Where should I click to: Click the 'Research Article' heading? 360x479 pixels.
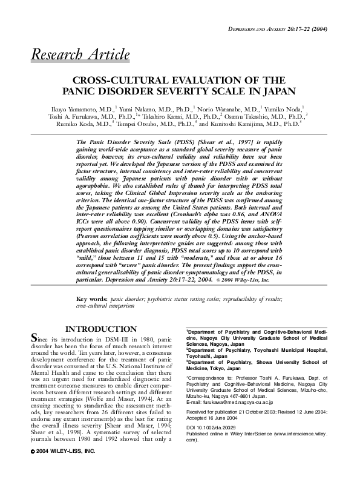point(80,56)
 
